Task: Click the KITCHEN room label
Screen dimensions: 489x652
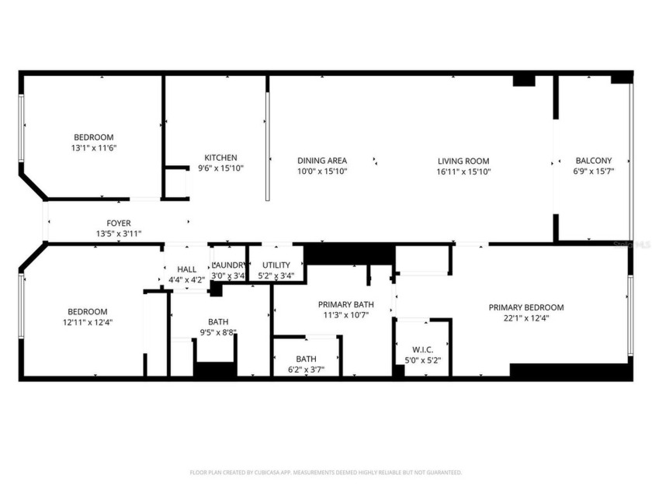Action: coord(220,158)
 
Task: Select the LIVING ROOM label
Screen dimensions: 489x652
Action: coord(463,161)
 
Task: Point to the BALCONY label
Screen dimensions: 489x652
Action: coord(593,161)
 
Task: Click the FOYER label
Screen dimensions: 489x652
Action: coord(119,224)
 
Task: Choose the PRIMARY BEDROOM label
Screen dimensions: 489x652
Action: coord(525,307)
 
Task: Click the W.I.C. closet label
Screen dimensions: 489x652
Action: coord(422,349)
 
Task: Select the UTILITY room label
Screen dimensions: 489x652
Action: coord(276,265)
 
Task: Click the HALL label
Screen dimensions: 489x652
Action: coord(187,269)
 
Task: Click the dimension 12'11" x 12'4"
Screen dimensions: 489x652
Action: coord(85,322)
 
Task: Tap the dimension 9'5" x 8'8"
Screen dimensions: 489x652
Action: coord(218,332)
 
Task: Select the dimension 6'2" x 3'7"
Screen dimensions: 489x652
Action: coord(306,369)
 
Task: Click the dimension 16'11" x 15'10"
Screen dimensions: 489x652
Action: coord(463,172)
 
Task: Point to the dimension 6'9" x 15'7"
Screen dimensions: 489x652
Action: coord(593,172)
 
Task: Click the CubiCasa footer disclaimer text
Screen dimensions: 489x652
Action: coord(326,472)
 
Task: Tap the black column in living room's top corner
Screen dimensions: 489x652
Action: coord(524,80)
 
